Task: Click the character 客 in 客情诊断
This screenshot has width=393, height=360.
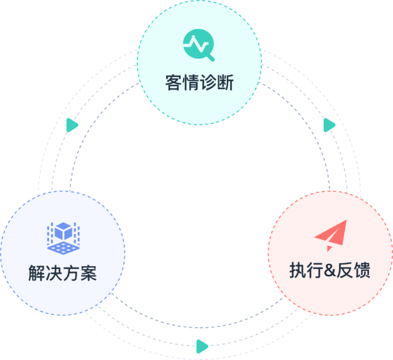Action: tap(174, 83)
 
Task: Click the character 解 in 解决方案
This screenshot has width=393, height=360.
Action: tap(37, 273)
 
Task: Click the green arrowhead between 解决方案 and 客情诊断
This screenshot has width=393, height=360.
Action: tap(72, 125)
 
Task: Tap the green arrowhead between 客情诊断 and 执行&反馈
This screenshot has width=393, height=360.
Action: tap(330, 125)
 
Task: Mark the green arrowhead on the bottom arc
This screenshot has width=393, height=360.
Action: tap(202, 346)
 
